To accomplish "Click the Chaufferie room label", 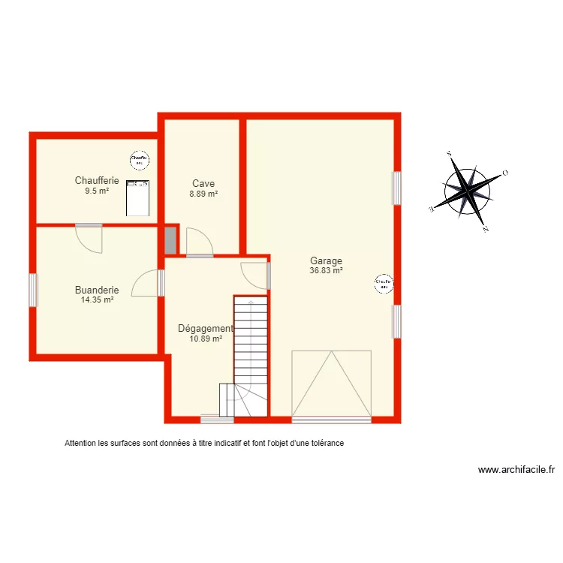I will coord(97,180).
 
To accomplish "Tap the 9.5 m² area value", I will coord(97,191).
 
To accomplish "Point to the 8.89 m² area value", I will coord(203,194).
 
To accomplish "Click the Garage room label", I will coord(327,261).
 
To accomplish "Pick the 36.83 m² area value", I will coord(327,271).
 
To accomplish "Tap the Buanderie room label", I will coord(97,290).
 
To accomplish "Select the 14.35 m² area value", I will coord(97,300).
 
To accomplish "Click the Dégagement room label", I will coord(205,328).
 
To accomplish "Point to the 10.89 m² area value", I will coord(206,339).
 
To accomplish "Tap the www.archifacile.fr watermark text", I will coord(516,471).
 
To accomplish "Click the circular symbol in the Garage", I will coord(384,283).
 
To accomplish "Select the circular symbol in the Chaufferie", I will coord(139,159).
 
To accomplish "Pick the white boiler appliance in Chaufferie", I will coord(137,198).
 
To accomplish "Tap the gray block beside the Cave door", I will coord(170,240).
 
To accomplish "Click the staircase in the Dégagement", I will coord(250,353).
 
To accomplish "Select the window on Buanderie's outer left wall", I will coord(33,290).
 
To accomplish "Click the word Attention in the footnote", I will coord(81,444).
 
